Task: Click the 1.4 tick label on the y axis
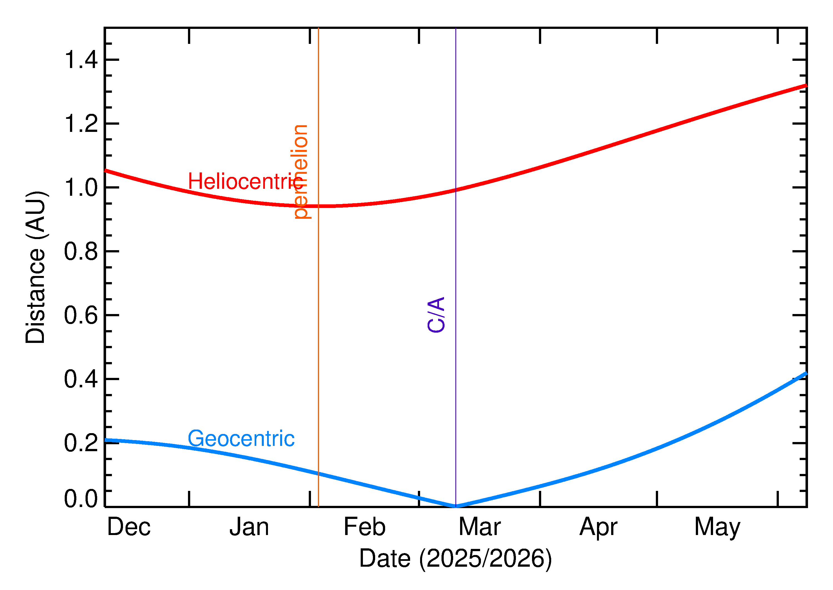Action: click(81, 60)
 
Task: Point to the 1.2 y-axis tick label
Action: click(81, 124)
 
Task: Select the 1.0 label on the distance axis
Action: click(81, 187)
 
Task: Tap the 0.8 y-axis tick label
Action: click(81, 251)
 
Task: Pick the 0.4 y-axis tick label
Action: click(81, 379)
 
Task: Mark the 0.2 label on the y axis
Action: click(81, 443)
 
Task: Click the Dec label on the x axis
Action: click(129, 527)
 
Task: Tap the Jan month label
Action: click(249, 527)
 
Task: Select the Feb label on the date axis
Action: click(364, 527)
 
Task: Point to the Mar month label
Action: click(480, 527)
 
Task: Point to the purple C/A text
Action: click(436, 315)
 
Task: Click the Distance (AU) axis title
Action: click(36, 267)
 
